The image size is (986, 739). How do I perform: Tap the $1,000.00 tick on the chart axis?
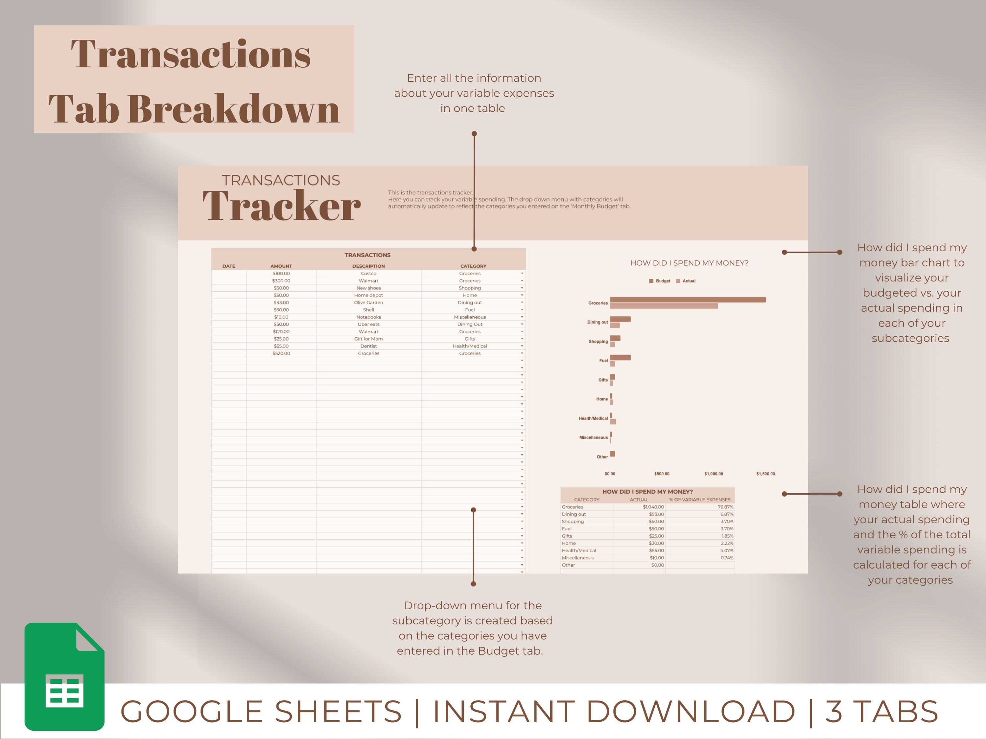tap(713, 474)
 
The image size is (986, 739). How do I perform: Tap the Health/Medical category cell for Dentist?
tap(469, 346)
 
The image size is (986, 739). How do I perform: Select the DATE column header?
tap(229, 266)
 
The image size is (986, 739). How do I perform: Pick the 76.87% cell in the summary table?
tap(725, 507)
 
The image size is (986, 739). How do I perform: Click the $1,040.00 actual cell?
tap(653, 507)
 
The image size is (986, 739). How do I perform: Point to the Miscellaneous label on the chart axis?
tap(593, 437)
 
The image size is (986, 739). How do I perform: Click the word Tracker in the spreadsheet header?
tap(281, 206)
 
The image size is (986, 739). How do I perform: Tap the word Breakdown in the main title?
tap(234, 109)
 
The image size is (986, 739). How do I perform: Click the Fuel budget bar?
tap(620, 357)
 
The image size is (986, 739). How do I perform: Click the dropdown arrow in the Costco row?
tap(522, 274)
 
